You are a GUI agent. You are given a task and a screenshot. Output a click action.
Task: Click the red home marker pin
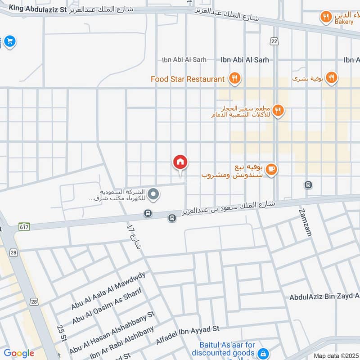pos(180,162)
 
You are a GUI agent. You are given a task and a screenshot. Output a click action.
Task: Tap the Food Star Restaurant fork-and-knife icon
pos(234,79)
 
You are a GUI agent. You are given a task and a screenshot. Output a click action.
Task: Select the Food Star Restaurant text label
pos(187,79)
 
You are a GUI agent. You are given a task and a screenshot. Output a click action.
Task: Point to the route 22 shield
pos(274,41)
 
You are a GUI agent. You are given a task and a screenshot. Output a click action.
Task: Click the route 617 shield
pos(23,227)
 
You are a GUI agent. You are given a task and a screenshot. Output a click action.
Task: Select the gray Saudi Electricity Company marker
pos(153,194)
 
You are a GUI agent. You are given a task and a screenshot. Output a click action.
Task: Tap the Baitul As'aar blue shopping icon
pos(265,353)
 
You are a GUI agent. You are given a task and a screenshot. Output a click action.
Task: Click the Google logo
pos(19,353)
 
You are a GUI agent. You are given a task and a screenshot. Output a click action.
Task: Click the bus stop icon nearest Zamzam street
pos(308,184)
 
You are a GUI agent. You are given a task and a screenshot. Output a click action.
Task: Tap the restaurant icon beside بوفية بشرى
pos(331,78)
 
